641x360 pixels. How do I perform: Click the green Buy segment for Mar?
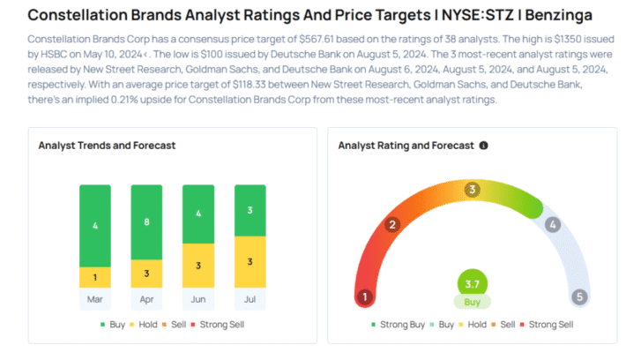tap(95, 225)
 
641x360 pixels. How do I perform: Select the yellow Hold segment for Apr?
tap(146, 274)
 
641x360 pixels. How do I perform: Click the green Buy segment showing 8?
tap(146, 221)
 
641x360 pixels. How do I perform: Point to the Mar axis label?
tap(95, 299)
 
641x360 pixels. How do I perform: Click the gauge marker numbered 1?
tap(363, 297)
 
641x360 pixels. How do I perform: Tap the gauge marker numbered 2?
tap(392, 225)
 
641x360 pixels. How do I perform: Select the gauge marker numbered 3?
tap(473, 189)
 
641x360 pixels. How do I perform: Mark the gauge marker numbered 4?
tap(553, 225)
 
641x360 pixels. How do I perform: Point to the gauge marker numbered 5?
tap(579, 297)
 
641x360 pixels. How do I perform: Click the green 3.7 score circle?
tap(473, 284)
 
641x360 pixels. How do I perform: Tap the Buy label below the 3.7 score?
tap(473, 302)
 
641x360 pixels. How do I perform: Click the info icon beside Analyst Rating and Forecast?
tap(483, 145)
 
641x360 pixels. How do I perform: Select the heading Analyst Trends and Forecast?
tap(107, 145)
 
